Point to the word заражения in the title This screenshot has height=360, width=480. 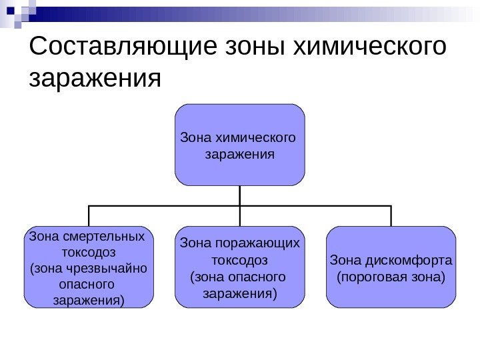[x=96, y=79]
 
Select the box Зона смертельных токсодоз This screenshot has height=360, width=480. [x=88, y=267]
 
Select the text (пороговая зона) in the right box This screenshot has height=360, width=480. [x=391, y=276]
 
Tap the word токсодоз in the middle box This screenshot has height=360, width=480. [x=239, y=259]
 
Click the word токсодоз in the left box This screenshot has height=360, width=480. [x=88, y=253]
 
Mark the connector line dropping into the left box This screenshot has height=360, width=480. [x=88, y=217]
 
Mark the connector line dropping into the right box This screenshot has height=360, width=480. [x=391, y=217]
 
